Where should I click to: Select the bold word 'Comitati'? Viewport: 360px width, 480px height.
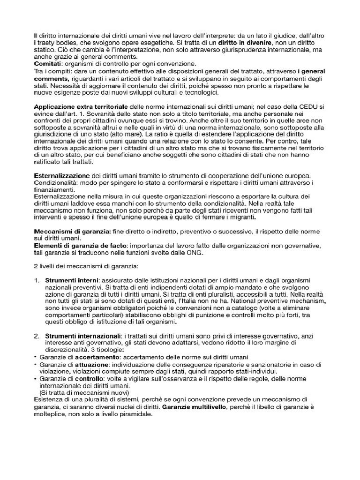tap(47, 63)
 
